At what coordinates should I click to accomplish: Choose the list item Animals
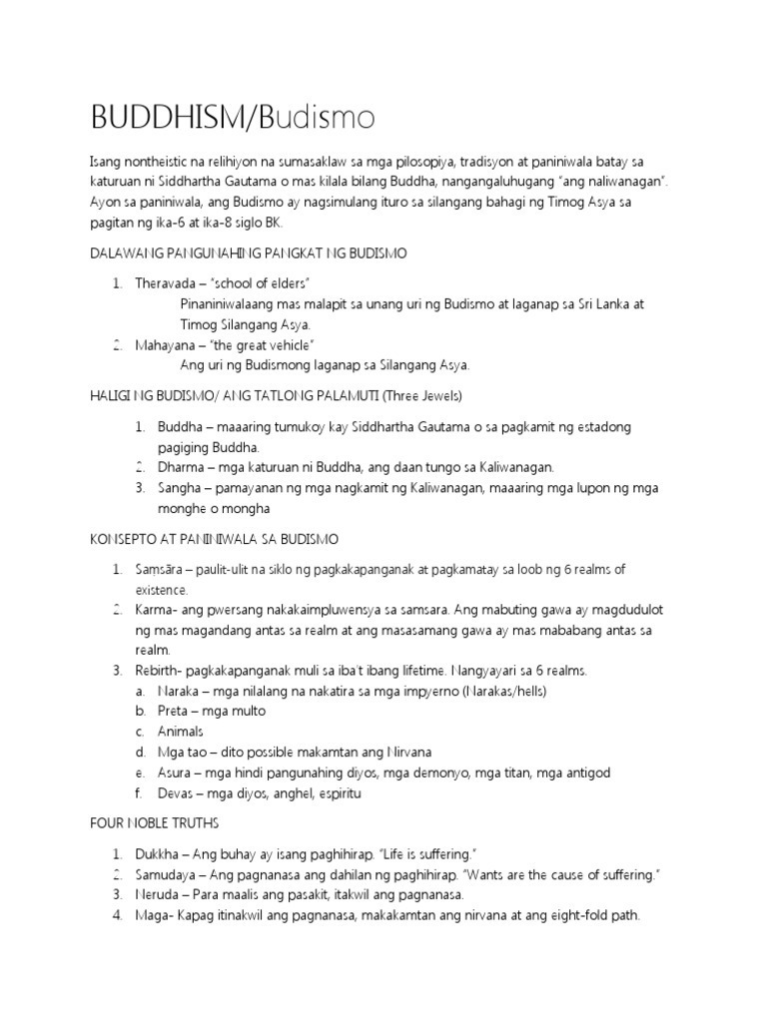click(181, 732)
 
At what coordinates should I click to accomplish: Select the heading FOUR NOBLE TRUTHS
click(154, 824)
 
